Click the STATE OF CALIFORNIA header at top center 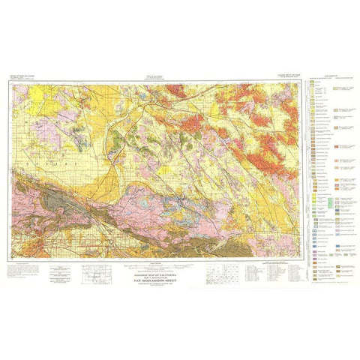[160, 76]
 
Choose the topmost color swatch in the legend [311, 83]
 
